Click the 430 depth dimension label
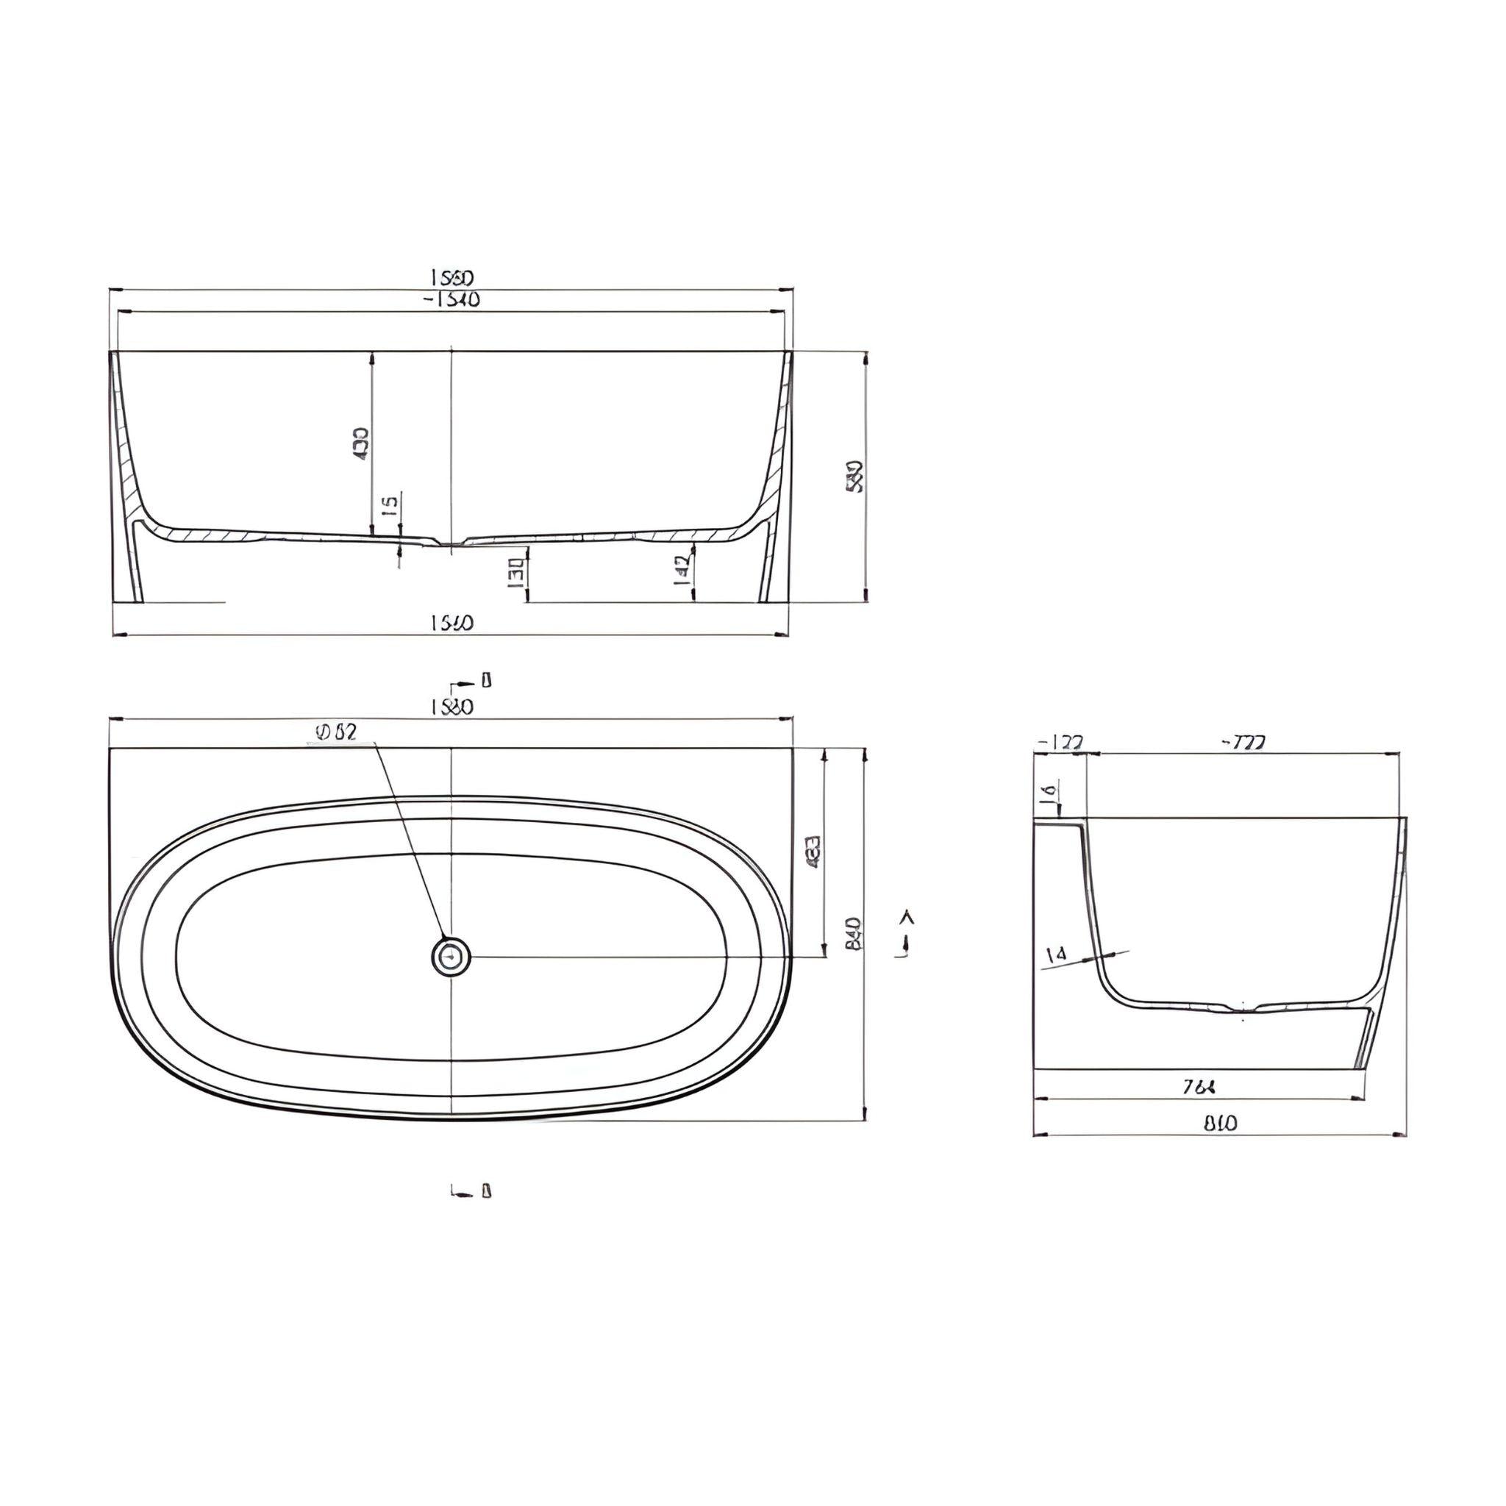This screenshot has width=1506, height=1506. [362, 443]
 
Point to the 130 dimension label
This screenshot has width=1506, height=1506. [515, 573]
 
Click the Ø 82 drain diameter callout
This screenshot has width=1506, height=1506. [336, 732]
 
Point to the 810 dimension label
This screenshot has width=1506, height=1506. [1220, 1124]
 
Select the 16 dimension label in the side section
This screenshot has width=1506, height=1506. [1049, 793]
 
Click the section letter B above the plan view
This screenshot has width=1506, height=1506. [486, 681]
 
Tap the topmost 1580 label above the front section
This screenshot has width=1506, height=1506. [452, 277]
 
